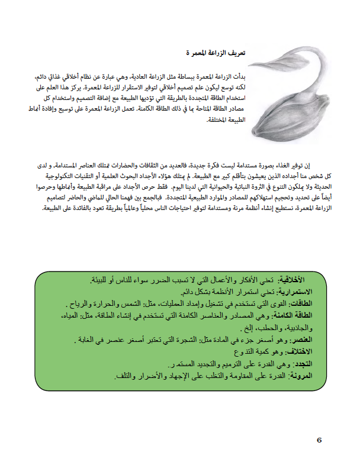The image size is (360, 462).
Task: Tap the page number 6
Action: coord(319,440)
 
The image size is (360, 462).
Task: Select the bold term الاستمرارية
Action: coord(297,292)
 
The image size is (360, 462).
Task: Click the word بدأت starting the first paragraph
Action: coord(237,77)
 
